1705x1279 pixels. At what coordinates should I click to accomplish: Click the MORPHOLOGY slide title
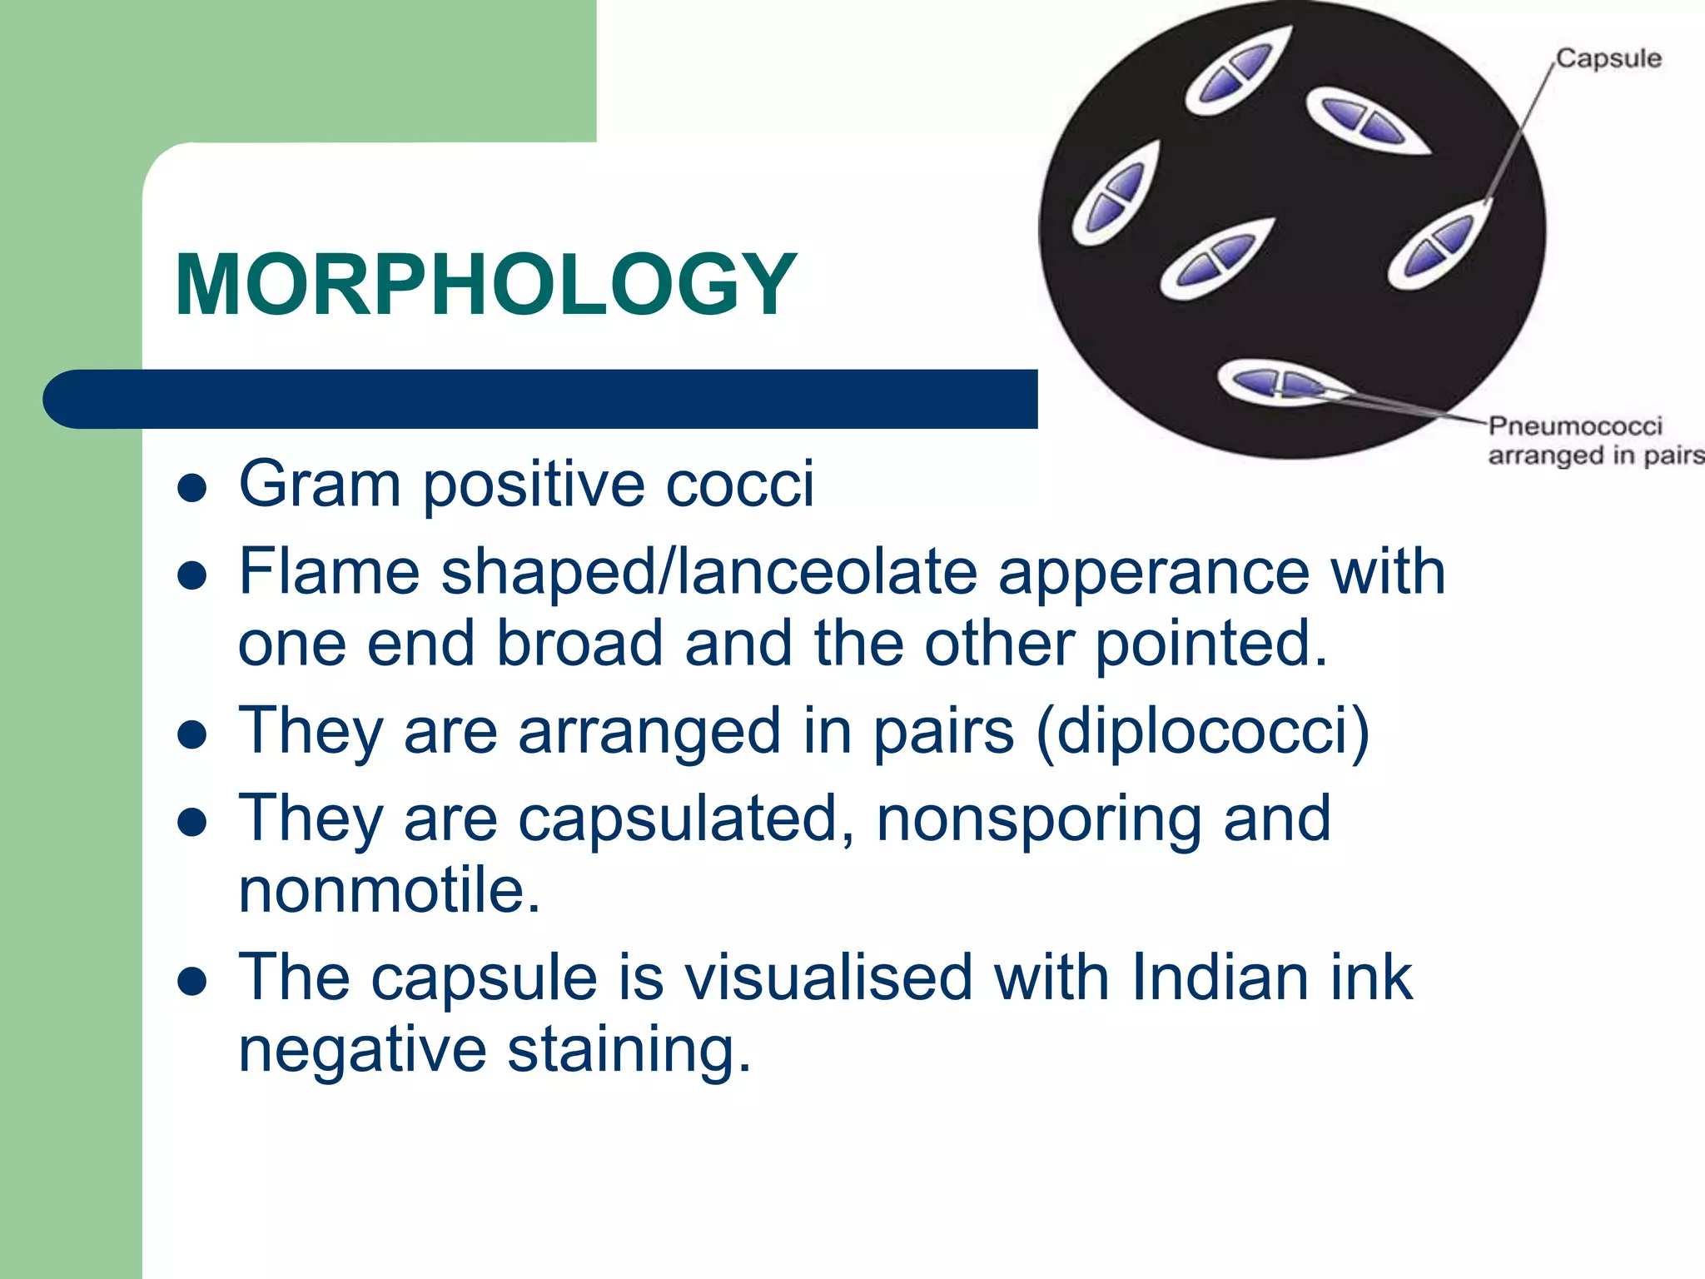485,285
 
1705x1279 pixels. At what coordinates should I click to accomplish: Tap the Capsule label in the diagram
1608,59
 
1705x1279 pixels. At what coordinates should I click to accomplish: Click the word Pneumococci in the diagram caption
1575,426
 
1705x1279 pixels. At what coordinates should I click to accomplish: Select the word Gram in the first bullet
320,484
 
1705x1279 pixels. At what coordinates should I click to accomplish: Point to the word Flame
329,572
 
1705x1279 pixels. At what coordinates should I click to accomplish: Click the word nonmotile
390,890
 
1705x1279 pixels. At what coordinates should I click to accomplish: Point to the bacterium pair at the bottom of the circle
1278,385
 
